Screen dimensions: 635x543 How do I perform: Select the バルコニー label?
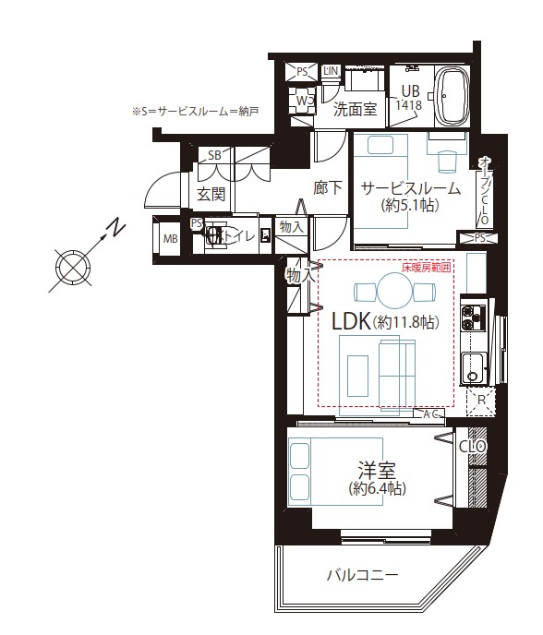pyautogui.click(x=362, y=575)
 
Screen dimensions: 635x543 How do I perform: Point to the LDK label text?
pyautogui.click(x=350, y=322)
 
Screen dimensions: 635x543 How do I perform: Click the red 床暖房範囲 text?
pyautogui.click(x=426, y=268)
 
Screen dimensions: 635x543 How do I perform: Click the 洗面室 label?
pyautogui.click(x=354, y=109)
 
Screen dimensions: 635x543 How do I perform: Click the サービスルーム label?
pyautogui.click(x=410, y=186)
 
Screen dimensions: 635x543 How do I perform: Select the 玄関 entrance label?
pyautogui.click(x=211, y=194)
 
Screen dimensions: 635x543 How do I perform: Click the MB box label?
pyautogui.click(x=170, y=239)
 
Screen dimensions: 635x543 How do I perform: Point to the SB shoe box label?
pyautogui.click(x=214, y=154)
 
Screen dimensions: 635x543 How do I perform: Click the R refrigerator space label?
pyautogui.click(x=479, y=400)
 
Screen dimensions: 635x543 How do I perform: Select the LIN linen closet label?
pyautogui.click(x=331, y=71)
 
